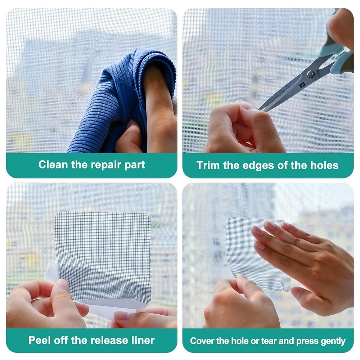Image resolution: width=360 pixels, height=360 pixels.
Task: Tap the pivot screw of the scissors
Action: tap(310, 75)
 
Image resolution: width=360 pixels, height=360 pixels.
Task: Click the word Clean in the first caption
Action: tap(53, 165)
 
